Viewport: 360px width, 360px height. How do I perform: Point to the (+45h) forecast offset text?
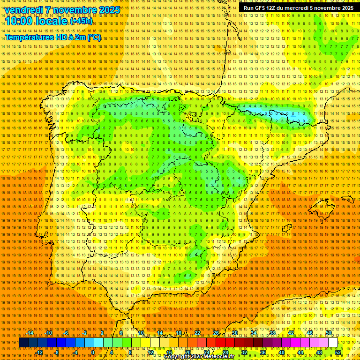81,21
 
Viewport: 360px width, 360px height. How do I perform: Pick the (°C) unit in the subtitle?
94,37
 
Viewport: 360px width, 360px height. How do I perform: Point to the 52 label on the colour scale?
338,352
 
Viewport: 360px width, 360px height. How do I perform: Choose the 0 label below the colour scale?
93,352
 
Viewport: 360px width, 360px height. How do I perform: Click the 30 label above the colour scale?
235,333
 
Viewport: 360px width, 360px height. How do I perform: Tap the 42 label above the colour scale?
291,333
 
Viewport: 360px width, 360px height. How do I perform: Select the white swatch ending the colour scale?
333,343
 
